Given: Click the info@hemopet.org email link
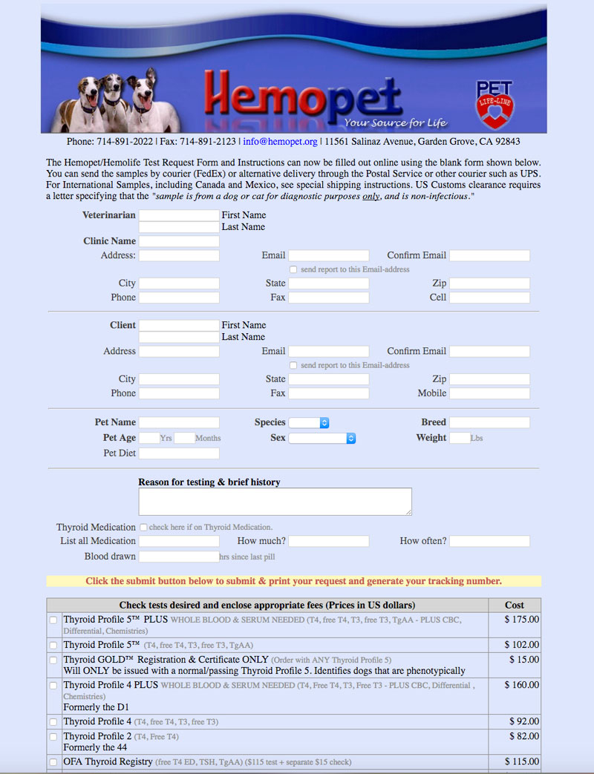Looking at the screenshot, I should click(x=280, y=141).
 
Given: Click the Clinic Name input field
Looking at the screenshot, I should click(x=179, y=241).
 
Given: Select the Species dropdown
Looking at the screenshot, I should click(x=309, y=422).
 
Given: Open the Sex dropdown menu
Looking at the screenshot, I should click(x=322, y=438).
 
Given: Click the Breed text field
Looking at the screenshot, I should click(x=489, y=422).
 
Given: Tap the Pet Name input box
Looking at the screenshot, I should click(x=179, y=422).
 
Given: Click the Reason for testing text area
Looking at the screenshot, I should click(x=275, y=502).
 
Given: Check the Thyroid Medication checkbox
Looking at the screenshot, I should click(x=143, y=528).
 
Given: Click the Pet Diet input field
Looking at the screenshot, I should click(x=179, y=453).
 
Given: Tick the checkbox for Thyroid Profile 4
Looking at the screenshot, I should click(x=53, y=722).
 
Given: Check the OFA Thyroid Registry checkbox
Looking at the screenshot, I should click(x=53, y=762).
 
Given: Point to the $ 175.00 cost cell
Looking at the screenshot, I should click(x=522, y=619).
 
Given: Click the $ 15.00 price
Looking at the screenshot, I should click(x=524, y=659).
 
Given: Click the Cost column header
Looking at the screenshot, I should click(x=515, y=605).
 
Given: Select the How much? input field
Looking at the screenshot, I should click(x=328, y=541).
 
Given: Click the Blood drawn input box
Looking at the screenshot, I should click(x=179, y=556).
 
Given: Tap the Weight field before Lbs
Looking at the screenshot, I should click(x=459, y=438).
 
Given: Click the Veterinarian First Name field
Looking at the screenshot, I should click(x=179, y=215).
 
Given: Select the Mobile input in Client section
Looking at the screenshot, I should click(x=489, y=393).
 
